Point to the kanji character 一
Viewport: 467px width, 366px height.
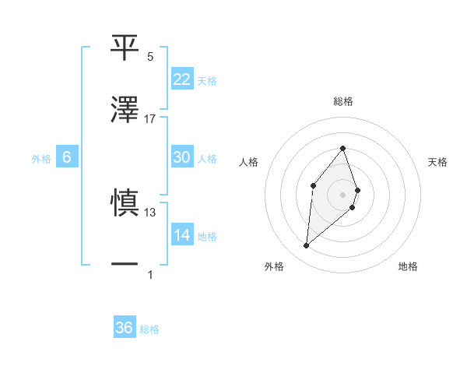click(125, 266)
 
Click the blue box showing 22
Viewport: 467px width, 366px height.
click(182, 79)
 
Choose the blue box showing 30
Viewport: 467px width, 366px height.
click(182, 157)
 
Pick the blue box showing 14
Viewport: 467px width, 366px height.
click(182, 235)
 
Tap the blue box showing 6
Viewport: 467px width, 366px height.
click(67, 157)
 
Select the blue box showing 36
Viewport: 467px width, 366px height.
click(125, 328)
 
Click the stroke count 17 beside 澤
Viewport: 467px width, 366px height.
click(150, 119)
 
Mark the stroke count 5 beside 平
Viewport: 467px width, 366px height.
click(150, 57)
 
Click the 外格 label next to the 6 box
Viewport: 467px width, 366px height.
click(41, 158)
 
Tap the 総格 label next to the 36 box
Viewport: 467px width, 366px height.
click(149, 329)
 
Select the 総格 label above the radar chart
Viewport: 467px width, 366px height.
click(342, 101)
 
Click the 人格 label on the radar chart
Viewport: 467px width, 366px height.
click(248, 162)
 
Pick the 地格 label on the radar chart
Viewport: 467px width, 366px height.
click(408, 267)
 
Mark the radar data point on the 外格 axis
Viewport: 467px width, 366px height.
click(306, 246)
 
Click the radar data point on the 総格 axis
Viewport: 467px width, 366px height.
click(342, 148)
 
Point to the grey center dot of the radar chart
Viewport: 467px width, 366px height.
click(342, 194)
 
